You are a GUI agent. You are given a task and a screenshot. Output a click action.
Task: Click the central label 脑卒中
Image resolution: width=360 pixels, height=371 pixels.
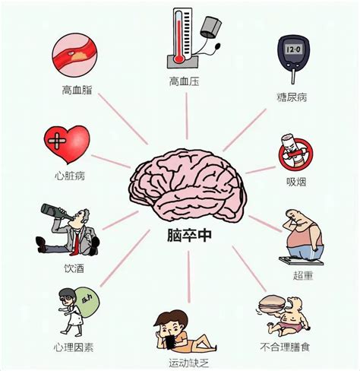pos(189,236)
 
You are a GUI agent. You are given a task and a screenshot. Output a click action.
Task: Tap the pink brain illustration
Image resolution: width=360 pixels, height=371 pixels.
pos(188,185)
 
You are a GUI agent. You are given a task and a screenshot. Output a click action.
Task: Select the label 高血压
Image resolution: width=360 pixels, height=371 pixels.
pos(184,81)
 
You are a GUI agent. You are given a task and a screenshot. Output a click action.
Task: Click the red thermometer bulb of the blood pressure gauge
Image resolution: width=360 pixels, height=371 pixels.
pos(178,60)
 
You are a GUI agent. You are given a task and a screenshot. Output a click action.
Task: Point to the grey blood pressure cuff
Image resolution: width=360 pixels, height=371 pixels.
pos(210,27)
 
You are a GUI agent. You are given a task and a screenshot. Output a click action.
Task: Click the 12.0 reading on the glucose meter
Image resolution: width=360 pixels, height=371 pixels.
pos(293,49)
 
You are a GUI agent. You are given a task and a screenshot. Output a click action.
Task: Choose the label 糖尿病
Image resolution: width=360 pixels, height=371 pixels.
pos(292,97)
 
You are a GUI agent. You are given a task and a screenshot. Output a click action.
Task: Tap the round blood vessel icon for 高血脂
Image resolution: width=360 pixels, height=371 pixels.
pos(74,55)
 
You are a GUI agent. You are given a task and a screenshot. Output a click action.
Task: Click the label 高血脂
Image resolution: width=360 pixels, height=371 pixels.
pos(77,90)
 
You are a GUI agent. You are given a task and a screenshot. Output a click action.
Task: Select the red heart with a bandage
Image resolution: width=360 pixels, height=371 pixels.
pos(67,144)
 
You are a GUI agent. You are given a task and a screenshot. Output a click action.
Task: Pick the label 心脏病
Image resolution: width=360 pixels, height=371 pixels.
pos(70,176)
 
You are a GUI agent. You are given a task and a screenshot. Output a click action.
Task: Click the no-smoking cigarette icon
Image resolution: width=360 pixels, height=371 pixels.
pos(295,152)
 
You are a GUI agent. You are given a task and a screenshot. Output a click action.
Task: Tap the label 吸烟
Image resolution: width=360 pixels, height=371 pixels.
pos(296,182)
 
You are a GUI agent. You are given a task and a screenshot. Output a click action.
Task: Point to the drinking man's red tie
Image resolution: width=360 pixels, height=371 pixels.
pos(75,243)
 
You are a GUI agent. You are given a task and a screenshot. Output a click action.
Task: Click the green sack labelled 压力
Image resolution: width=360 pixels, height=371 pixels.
pos(87,302)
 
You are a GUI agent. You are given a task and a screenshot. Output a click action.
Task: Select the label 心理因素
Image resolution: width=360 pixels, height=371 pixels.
pos(74,347)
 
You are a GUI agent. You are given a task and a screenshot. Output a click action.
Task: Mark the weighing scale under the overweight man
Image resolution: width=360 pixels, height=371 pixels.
pos(301,261)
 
